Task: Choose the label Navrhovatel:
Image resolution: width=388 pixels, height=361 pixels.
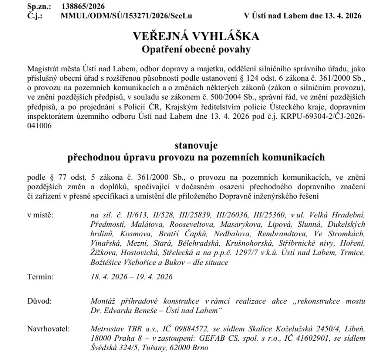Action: [x=48, y=329]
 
